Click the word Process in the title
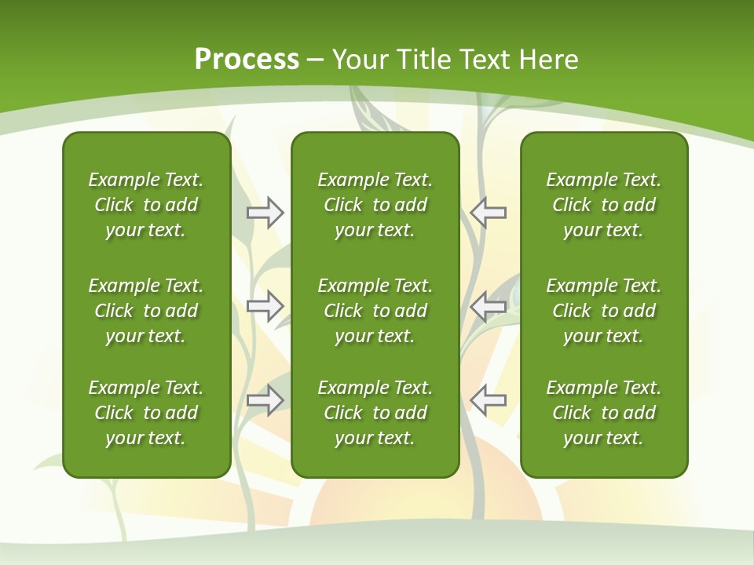tap(247, 60)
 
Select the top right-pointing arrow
tap(265, 213)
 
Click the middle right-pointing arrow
tap(265, 306)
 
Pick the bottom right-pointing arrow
tap(265, 400)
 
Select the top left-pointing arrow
tap(489, 213)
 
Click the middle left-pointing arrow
tap(489, 306)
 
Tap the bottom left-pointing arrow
tap(489, 400)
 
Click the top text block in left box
tap(146, 205)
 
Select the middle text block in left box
tap(146, 311)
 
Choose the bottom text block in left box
tap(146, 413)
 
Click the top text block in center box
tap(375, 205)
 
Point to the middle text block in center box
tap(375, 311)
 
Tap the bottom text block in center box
tap(375, 413)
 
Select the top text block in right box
tap(604, 205)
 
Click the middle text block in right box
tap(604, 311)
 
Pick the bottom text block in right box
tap(604, 413)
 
